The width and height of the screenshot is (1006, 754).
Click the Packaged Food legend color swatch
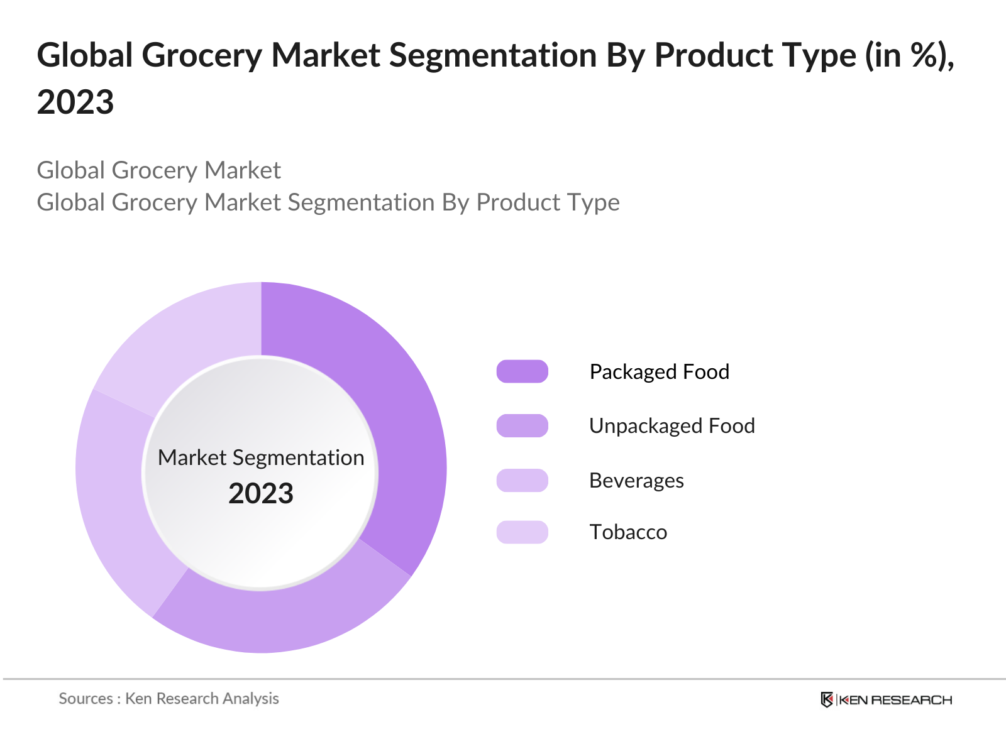coord(522,371)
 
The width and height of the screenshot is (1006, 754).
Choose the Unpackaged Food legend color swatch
coord(522,425)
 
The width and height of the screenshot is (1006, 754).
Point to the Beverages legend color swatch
coord(522,480)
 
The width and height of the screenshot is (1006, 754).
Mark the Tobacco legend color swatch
coord(522,532)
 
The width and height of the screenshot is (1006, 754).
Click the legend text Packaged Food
coord(659,371)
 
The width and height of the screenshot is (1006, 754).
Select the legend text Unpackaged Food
coord(672,425)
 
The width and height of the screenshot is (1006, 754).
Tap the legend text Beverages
coord(636,480)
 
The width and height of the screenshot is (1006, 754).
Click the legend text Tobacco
coord(627,532)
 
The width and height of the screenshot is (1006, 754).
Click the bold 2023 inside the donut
coord(261,493)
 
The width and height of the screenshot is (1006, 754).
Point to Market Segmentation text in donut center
coord(261,457)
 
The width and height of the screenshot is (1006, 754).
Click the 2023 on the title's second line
coord(75,102)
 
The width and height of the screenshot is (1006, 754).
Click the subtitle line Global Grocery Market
coord(158,170)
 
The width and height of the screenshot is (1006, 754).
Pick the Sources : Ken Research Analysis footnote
coord(169,698)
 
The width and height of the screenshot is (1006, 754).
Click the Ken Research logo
coord(886,699)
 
